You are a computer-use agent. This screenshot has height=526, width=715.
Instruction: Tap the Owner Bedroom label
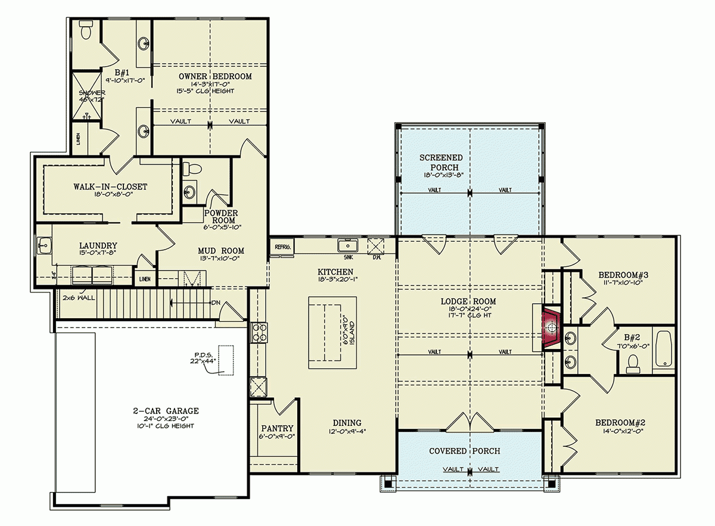(215, 76)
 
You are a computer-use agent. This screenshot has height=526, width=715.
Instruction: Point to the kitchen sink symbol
(346, 245)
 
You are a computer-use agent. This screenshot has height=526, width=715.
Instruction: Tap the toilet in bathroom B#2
(633, 361)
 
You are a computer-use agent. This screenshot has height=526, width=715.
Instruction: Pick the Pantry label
(277, 428)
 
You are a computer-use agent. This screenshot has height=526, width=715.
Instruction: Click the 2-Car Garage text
(166, 411)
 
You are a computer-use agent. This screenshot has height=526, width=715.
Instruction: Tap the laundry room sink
(44, 245)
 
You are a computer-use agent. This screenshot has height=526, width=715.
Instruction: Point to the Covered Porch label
(464, 451)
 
